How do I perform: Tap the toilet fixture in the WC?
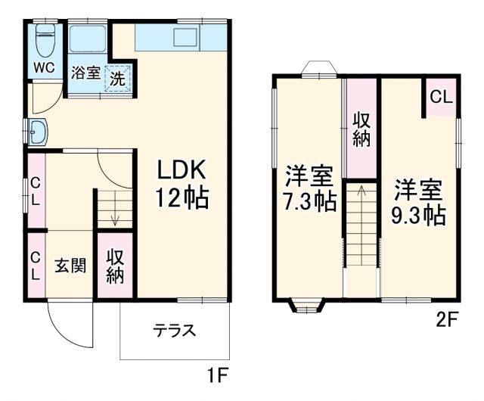click(x=45, y=37)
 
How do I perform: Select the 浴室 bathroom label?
click(x=85, y=73)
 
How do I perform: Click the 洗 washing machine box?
click(x=117, y=77)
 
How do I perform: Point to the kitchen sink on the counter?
click(x=184, y=37)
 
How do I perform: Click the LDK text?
click(x=181, y=168)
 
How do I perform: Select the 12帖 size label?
click(x=181, y=197)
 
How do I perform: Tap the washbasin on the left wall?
click(x=37, y=132)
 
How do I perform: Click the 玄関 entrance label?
click(x=70, y=266)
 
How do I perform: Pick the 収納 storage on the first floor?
click(x=114, y=266)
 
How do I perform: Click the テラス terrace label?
click(x=175, y=331)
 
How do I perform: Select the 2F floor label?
click(x=446, y=319)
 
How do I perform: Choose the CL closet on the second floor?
click(x=441, y=97)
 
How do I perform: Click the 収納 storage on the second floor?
click(x=361, y=129)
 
